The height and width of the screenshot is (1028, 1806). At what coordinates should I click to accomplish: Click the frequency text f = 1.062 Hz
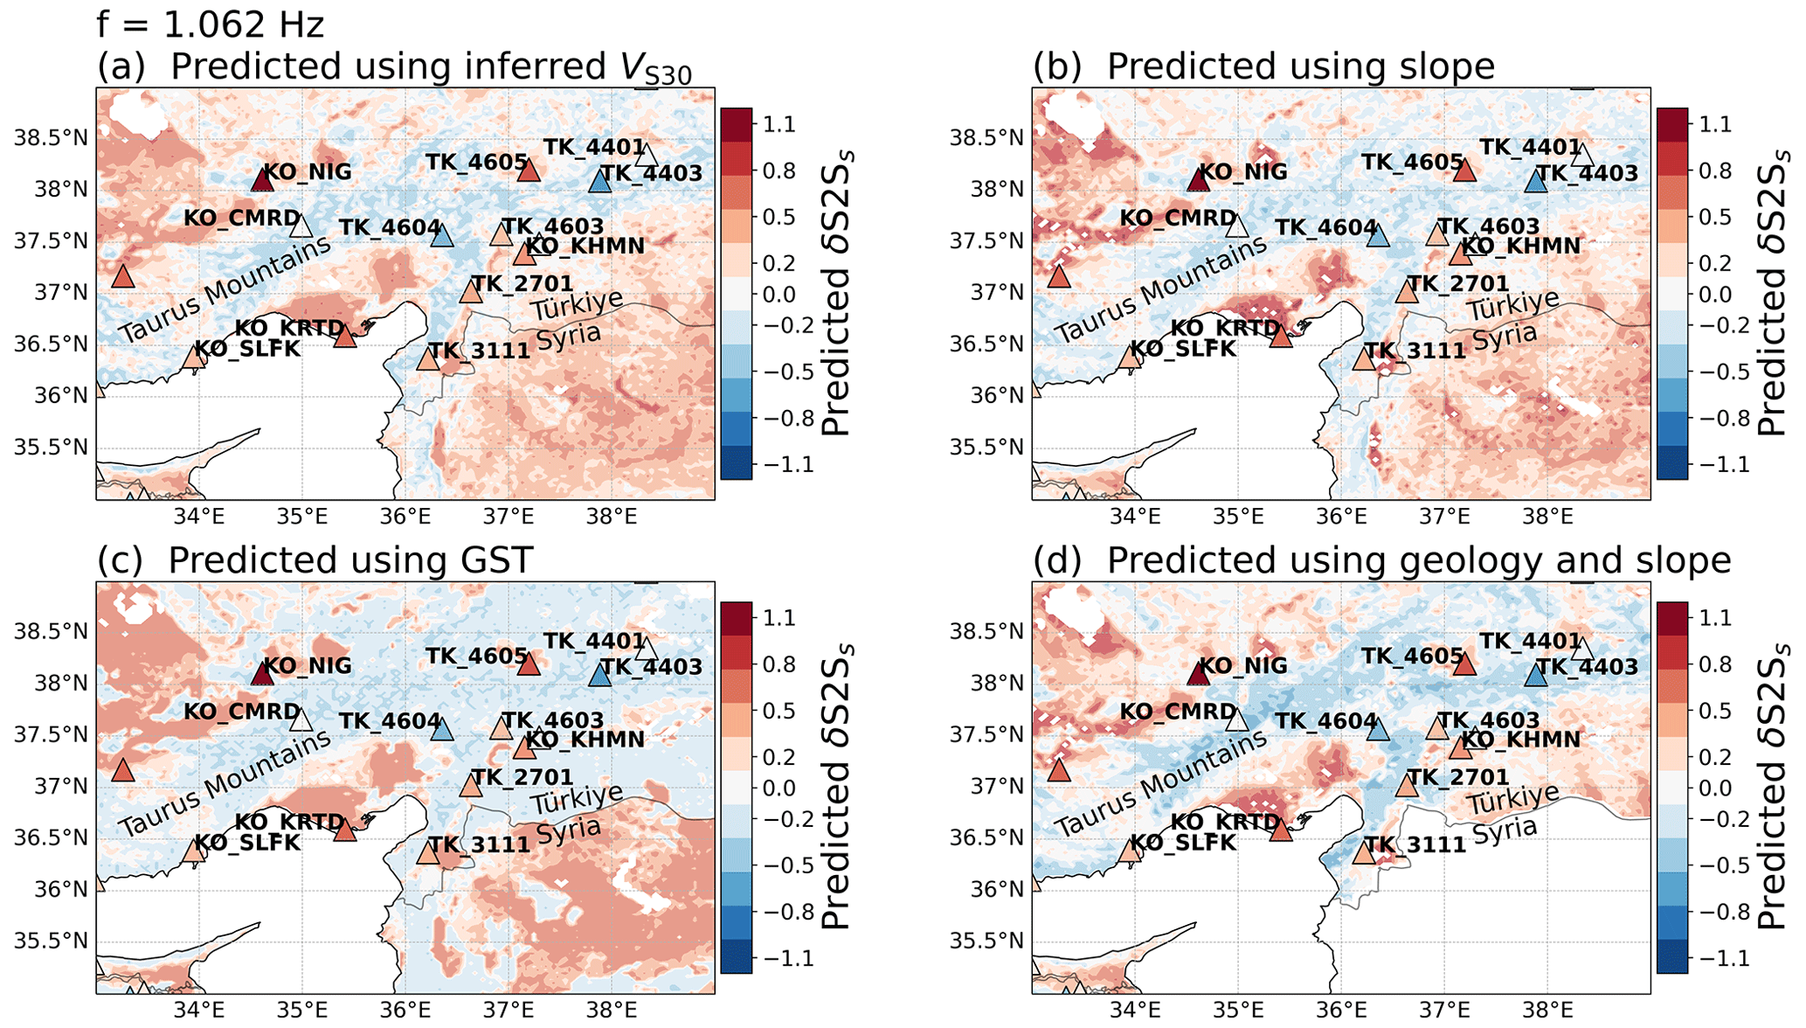211,24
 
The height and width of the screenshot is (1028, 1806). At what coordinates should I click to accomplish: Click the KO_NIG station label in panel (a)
308,171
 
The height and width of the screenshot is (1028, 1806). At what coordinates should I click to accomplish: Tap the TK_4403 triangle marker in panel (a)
599,182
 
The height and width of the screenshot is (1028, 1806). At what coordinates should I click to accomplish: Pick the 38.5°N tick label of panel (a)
51,138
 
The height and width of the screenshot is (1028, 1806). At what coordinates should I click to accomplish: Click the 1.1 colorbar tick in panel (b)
1715,124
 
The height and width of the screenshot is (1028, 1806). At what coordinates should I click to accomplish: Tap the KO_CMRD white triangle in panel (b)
1236,226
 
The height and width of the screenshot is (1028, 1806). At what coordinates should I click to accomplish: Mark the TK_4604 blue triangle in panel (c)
442,730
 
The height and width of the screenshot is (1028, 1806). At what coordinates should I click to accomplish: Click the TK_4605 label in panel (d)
1412,656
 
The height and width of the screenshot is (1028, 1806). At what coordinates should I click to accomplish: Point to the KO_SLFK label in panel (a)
246,350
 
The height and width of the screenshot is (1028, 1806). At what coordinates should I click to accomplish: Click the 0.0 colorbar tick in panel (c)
778,788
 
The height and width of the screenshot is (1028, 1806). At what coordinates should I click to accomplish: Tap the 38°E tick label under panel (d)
1547,1011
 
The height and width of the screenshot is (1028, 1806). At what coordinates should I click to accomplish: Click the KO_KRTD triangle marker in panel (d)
1281,830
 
